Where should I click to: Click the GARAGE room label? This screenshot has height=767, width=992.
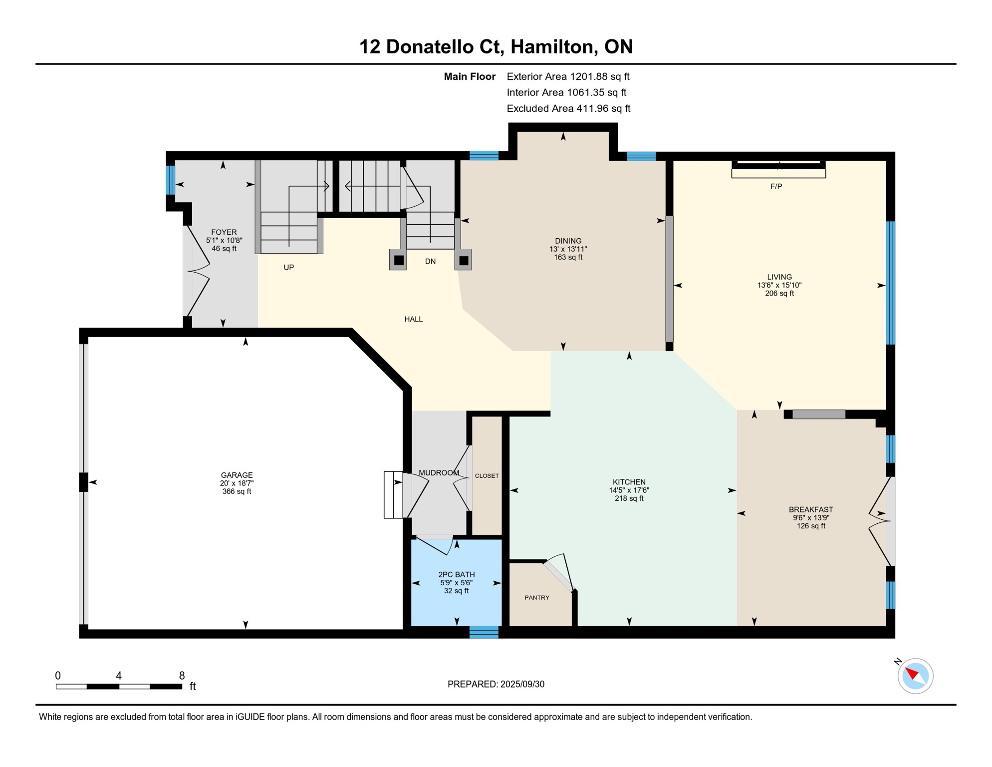click(x=237, y=475)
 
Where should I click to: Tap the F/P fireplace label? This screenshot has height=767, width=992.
click(x=776, y=186)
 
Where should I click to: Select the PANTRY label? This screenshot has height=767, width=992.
click(x=537, y=597)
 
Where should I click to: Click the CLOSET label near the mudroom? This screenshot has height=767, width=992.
click(x=487, y=475)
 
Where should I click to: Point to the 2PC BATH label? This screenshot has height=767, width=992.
click(x=456, y=574)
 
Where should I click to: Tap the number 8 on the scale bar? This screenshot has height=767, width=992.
click(x=182, y=675)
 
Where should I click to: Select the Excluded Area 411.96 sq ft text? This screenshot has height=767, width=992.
click(x=568, y=108)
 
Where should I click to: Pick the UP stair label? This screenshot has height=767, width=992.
click(x=288, y=267)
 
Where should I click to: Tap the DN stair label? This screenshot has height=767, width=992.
click(x=430, y=261)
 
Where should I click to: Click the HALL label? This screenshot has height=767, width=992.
click(x=413, y=319)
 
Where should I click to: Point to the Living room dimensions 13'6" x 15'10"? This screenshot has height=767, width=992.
click(x=779, y=285)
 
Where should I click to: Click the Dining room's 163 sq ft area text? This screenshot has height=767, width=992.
click(x=568, y=257)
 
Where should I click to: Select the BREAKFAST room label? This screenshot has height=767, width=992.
click(x=810, y=509)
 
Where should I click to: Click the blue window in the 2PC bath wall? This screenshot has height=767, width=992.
click(x=484, y=632)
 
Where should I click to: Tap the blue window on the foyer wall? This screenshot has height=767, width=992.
click(x=171, y=180)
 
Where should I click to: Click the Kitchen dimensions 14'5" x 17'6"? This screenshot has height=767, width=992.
click(x=629, y=490)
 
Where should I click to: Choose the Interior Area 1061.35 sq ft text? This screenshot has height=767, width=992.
click(x=566, y=92)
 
